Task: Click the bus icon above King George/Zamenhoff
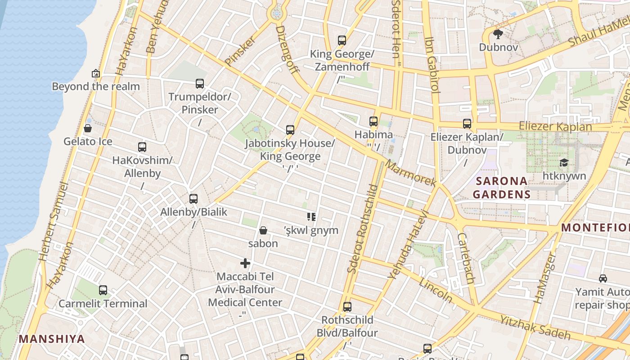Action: click(342, 40)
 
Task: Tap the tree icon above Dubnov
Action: click(498, 34)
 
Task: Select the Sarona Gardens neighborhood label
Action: click(501, 188)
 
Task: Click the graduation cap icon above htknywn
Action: click(564, 162)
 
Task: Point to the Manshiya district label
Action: click(52, 339)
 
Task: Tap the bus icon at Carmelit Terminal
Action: click(103, 290)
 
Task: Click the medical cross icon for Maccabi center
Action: click(245, 263)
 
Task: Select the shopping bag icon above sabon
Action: click(263, 230)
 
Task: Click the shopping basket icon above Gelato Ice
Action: click(88, 128)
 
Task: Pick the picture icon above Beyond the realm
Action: click(96, 73)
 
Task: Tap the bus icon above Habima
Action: click(373, 121)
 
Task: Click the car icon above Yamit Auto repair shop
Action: click(603, 279)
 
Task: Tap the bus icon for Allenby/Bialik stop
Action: click(193, 198)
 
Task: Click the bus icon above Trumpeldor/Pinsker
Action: click(200, 83)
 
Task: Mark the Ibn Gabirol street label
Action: click(432, 65)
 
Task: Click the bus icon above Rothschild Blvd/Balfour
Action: click(347, 307)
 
